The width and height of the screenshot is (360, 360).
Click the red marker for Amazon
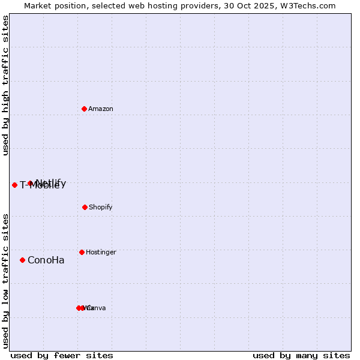coord(85,109)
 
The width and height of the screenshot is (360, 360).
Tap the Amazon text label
coord(101,109)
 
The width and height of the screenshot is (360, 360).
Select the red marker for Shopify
coord(85,207)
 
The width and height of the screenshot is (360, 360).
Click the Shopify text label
coord(101,208)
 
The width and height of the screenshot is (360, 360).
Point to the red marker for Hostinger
coord(82,252)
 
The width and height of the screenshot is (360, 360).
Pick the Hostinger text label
coord(101,253)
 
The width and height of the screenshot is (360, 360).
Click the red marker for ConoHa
coord(22,260)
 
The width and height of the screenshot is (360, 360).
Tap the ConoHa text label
coord(46,260)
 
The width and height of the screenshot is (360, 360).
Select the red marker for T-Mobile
coord(14,185)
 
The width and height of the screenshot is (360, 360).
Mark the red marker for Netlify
coord(30,183)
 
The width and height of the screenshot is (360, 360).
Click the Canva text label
coord(97,308)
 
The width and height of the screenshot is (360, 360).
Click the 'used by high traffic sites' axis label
coord(5,86)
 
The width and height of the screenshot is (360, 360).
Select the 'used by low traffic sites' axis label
coord(5,281)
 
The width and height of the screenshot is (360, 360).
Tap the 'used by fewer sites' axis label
coord(62,355)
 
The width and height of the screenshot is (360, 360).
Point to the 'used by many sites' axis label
coord(301,355)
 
